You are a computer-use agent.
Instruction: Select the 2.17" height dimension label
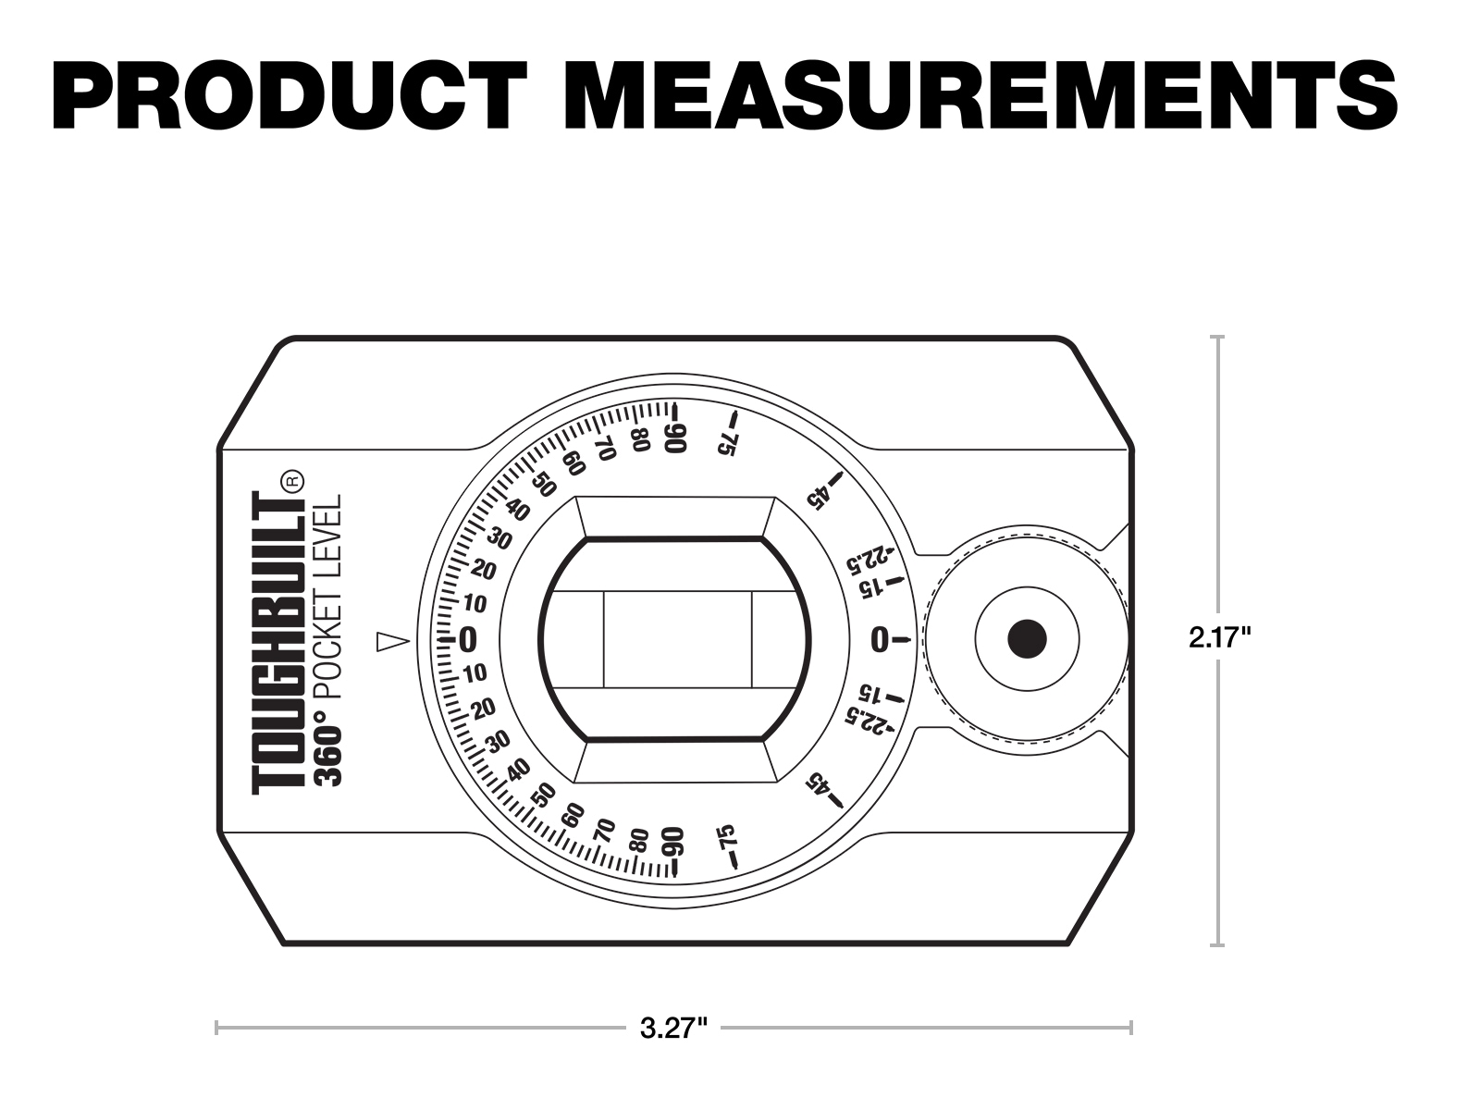coord(1219,637)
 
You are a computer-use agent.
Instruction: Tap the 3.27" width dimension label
coord(673,1029)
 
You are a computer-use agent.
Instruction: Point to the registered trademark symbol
coord(293,480)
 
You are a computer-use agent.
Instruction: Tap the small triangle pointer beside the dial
coord(392,642)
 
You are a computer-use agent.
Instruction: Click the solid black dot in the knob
coord(1027,638)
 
